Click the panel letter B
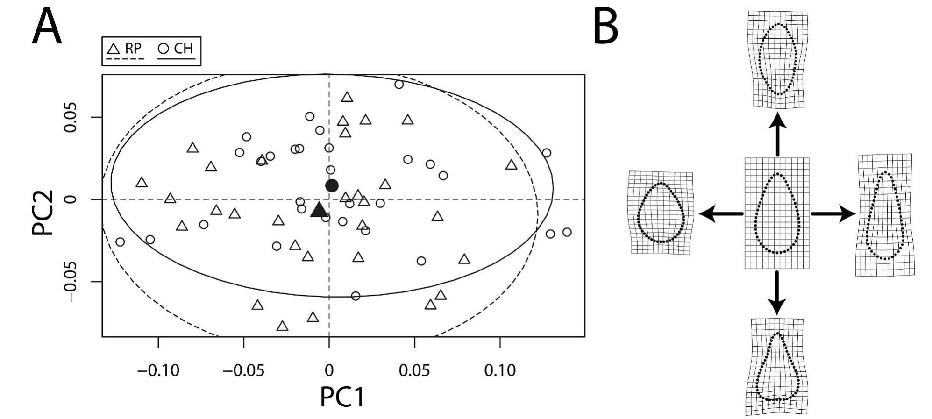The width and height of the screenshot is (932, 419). (605, 27)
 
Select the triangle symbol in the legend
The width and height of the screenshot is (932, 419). (114, 49)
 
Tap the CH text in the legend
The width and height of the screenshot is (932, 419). (183, 49)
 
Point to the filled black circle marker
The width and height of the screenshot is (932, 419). (332, 185)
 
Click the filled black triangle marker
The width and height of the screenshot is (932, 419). (319, 210)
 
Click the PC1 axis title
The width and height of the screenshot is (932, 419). (342, 398)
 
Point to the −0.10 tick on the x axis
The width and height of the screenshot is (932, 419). (158, 370)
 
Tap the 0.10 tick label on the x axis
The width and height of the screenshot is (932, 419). (500, 370)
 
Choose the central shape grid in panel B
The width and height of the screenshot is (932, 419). (776, 213)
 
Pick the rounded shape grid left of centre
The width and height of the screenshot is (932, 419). (661, 213)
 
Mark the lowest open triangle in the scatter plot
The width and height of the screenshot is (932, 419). (282, 326)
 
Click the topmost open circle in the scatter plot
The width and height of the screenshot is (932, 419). (399, 85)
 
